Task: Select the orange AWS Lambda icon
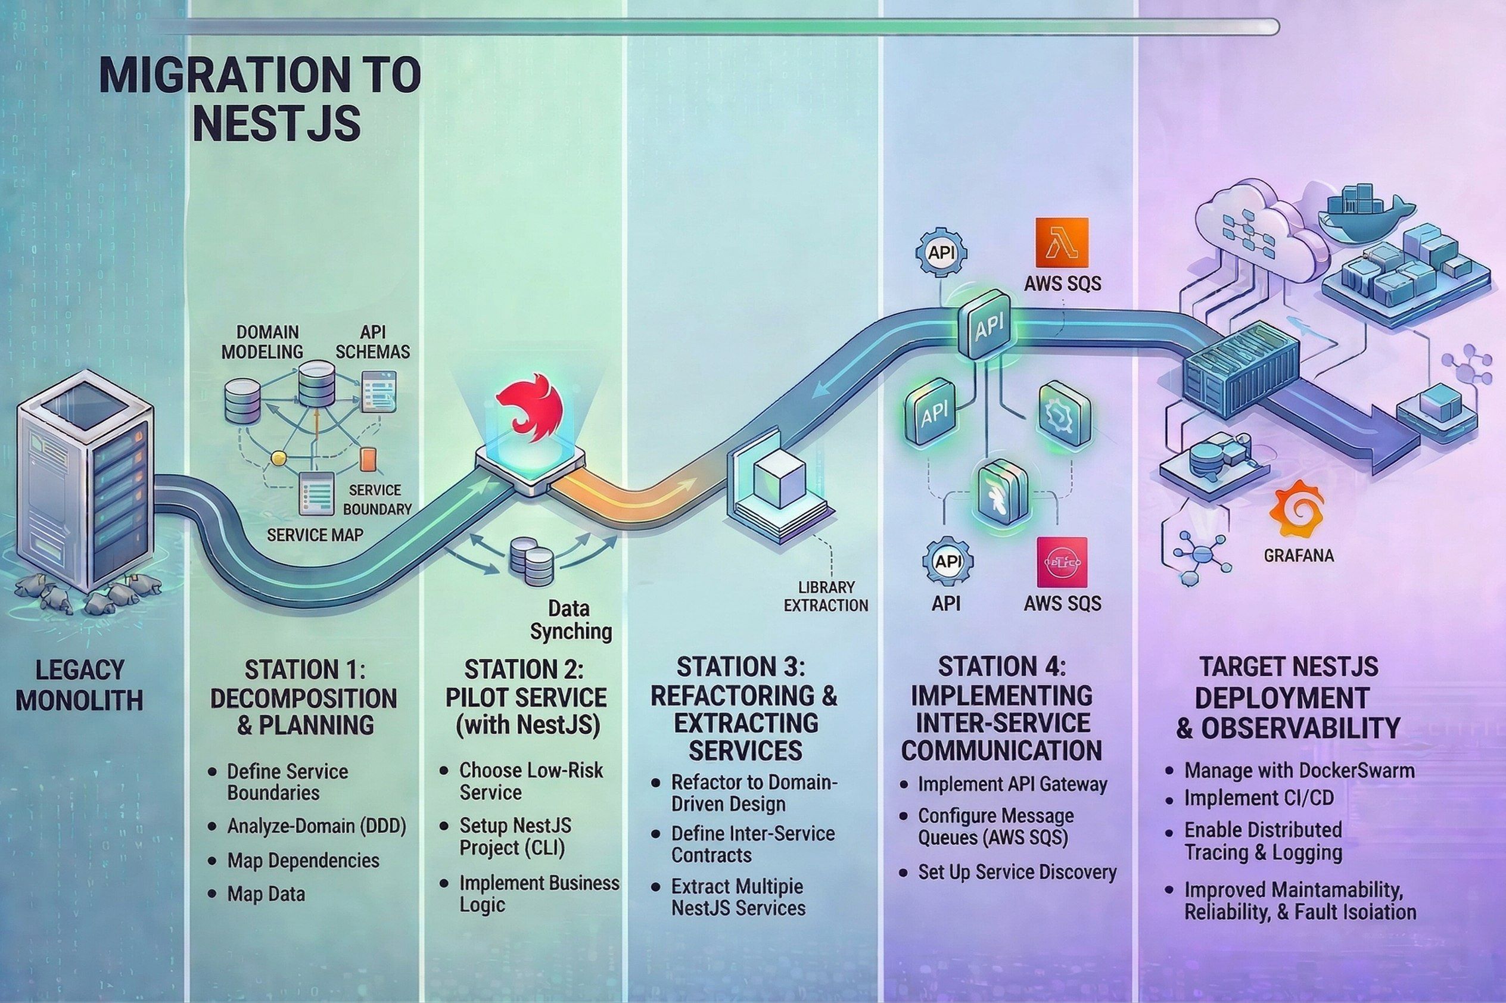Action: (x=1062, y=242)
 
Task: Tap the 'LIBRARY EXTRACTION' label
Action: (x=826, y=596)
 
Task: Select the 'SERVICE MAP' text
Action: (x=315, y=534)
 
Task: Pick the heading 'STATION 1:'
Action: (x=304, y=669)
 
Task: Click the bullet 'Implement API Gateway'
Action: (x=1012, y=784)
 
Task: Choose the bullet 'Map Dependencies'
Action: (x=303, y=861)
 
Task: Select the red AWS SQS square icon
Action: (x=1062, y=562)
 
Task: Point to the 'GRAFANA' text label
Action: (x=1299, y=555)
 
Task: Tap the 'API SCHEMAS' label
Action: (x=372, y=342)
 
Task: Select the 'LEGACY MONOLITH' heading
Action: (x=79, y=685)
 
